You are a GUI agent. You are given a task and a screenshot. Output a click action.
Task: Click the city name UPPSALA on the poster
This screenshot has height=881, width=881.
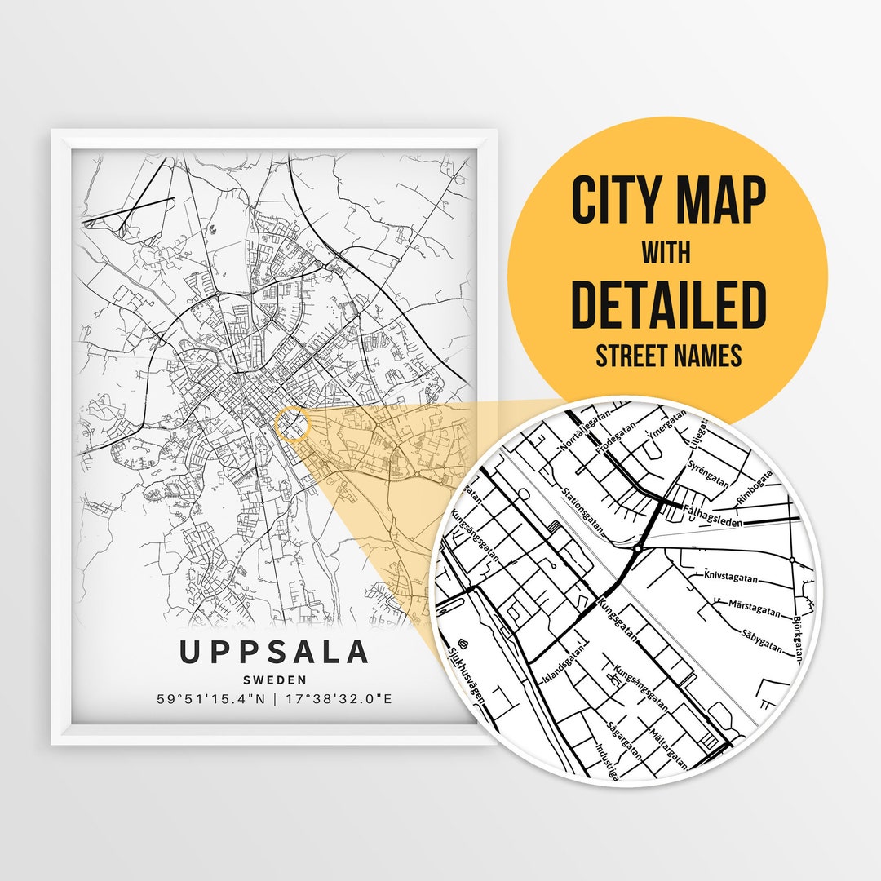coord(274,653)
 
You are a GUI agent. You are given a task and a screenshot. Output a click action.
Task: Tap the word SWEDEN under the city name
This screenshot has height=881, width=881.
coord(274,680)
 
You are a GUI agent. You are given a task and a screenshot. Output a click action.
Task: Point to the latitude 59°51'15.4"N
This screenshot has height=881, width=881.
coord(212,699)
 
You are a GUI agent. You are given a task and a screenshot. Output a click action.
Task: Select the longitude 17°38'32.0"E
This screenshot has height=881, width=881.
coord(338,699)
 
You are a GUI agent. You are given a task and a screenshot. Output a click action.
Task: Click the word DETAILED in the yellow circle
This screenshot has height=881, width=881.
coord(668,304)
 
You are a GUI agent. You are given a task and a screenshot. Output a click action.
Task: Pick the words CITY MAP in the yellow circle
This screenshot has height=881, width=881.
coord(668,201)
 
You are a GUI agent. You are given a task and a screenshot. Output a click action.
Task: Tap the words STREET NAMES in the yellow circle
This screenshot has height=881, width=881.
coord(668,356)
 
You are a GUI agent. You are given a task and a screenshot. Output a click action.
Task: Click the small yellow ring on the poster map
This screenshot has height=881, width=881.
coord(293,425)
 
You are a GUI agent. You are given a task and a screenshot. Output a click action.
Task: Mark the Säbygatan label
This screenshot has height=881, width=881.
coord(762,641)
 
